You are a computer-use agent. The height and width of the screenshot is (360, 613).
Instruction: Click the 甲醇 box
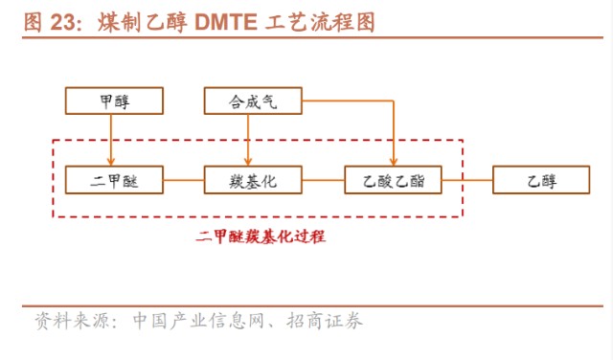click(x=113, y=101)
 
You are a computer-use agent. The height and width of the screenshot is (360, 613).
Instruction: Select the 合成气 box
click(x=253, y=101)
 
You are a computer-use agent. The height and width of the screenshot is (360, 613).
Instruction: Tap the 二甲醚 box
click(x=113, y=179)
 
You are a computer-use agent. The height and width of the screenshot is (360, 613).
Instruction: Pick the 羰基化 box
click(x=253, y=179)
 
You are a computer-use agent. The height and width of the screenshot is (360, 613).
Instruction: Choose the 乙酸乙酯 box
click(x=394, y=179)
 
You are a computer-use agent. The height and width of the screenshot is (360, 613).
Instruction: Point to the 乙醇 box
click(x=540, y=179)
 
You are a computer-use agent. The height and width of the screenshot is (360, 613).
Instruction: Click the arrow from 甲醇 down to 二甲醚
click(x=113, y=139)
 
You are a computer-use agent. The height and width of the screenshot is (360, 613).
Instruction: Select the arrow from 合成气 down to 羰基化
click(x=250, y=139)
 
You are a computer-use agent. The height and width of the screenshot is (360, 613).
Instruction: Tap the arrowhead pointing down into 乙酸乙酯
click(x=394, y=161)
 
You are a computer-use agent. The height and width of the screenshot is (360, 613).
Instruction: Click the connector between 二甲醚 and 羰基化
click(x=183, y=179)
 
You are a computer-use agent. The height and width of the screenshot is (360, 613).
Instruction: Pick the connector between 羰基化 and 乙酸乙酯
click(x=324, y=179)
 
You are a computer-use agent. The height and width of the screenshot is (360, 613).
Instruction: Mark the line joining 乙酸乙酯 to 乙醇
click(x=467, y=179)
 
